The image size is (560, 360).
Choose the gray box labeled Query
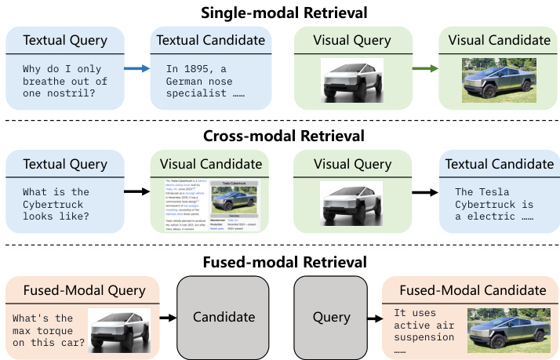point(330,317)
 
